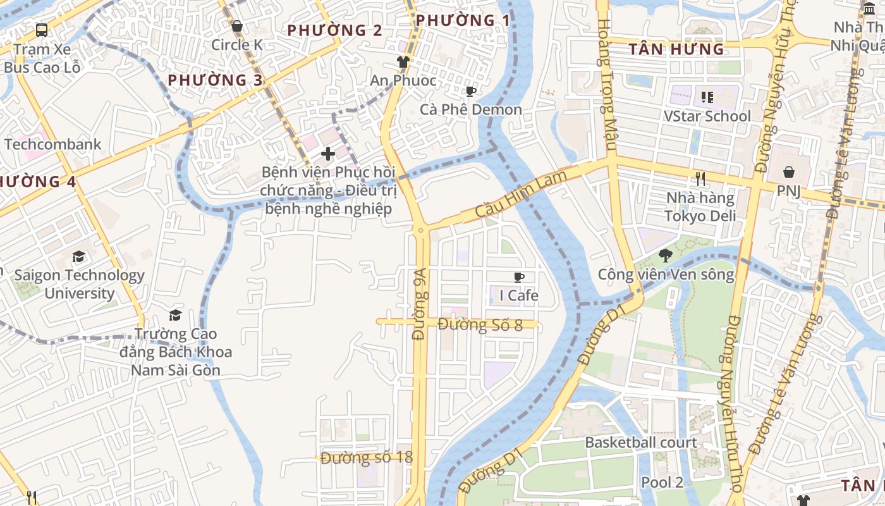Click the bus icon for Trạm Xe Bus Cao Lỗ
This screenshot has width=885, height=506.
[x=42, y=30]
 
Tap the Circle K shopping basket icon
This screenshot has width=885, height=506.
[x=237, y=27]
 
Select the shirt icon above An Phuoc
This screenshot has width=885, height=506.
[x=403, y=61]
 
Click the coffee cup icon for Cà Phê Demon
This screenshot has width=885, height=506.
[x=470, y=91]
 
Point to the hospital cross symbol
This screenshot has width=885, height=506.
[x=327, y=153]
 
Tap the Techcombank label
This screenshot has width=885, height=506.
[x=52, y=144]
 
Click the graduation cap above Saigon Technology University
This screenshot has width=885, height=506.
[x=78, y=256]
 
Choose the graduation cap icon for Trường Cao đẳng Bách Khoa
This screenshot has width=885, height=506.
[x=175, y=315]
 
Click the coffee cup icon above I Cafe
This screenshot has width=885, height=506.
[x=519, y=277]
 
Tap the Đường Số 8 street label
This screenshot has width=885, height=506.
[x=480, y=325]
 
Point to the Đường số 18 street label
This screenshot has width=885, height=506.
[x=366, y=458]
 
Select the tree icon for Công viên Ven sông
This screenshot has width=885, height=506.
[x=665, y=256]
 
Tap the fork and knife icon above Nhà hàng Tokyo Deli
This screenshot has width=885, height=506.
[x=700, y=179]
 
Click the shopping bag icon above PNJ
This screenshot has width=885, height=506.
[x=789, y=172]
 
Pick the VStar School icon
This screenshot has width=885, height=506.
[x=707, y=97]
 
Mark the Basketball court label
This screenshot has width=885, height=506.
[x=641, y=442]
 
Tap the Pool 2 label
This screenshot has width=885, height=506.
[x=662, y=482]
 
